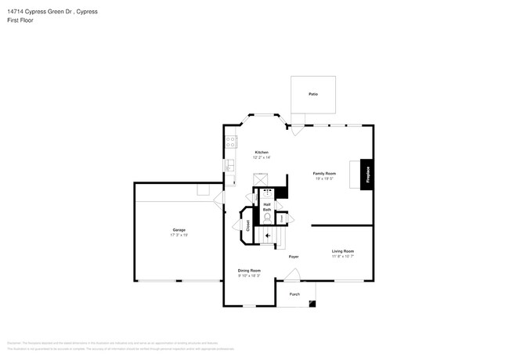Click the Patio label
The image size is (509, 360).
tap(312, 94)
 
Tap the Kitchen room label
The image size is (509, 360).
tap(262, 152)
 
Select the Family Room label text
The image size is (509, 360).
tap(324, 173)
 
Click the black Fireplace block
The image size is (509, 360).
tap(367, 173)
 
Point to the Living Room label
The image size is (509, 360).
tap(342, 251)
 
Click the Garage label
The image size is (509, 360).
tap(179, 230)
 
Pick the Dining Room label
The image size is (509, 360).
tap(249, 271)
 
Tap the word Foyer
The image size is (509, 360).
tap(294, 257)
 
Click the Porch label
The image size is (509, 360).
tap(294, 294)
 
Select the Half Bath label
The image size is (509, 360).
tap(267, 207)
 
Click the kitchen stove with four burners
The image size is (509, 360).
tap(231, 142)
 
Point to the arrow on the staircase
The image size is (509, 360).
tap(268, 234)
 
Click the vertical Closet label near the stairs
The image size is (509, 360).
tap(248, 225)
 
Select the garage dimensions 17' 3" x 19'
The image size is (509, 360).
tap(179, 235)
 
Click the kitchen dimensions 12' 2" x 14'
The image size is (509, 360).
tap(262, 157)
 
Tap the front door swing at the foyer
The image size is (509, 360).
tap(291, 274)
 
